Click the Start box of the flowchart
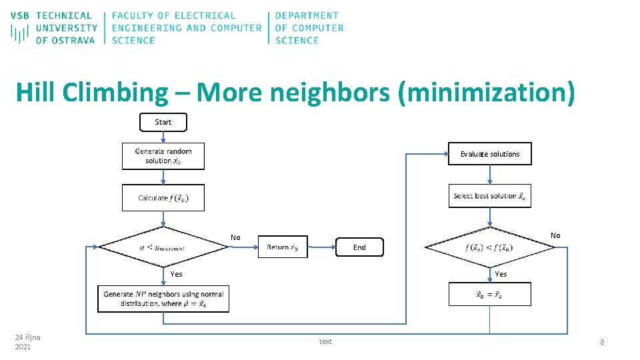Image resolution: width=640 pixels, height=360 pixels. tap(163, 122)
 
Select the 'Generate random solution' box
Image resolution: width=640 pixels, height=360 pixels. tap(163, 156)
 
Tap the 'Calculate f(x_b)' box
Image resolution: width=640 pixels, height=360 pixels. tap(163, 197)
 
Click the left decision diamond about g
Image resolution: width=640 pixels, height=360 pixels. tap(163, 247)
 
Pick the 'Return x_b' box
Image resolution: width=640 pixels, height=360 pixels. tap(283, 247)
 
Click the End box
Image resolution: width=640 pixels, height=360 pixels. tap(359, 247)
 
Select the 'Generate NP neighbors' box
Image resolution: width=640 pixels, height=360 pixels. tap(163, 299)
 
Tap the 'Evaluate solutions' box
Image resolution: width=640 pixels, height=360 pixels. tap(489, 154)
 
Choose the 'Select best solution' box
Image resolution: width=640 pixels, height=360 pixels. tap(489, 196)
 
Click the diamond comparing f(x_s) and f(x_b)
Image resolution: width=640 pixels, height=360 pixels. tap(489, 247)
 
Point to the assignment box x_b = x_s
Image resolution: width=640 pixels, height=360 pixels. tap(489, 294)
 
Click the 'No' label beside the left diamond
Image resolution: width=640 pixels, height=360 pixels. tap(235, 237)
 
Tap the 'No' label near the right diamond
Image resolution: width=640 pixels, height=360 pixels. tap(555, 235)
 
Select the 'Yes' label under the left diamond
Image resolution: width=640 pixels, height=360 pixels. tap(176, 274)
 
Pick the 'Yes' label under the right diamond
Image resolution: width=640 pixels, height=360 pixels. tap(501, 274)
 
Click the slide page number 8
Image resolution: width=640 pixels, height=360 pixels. tap(602, 342)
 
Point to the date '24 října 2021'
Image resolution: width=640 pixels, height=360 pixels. tap(27, 342)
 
